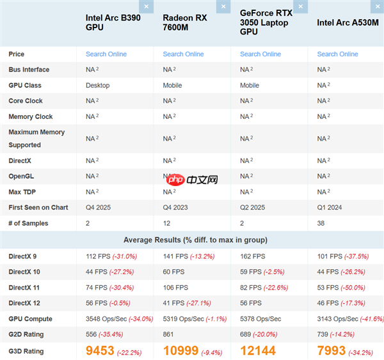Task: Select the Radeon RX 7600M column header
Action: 184,22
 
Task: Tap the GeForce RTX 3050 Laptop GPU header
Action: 264,22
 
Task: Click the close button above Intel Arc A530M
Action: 378,7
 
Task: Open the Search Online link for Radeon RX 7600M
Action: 183,54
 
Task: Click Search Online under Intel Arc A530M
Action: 337,54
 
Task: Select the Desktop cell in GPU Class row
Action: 97,85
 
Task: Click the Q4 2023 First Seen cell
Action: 176,207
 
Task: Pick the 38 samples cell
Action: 321,223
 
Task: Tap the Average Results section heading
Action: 192,240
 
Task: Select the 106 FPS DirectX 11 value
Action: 176,288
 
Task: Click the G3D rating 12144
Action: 258,350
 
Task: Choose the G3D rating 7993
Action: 331,350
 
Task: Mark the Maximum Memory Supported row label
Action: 36,138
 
